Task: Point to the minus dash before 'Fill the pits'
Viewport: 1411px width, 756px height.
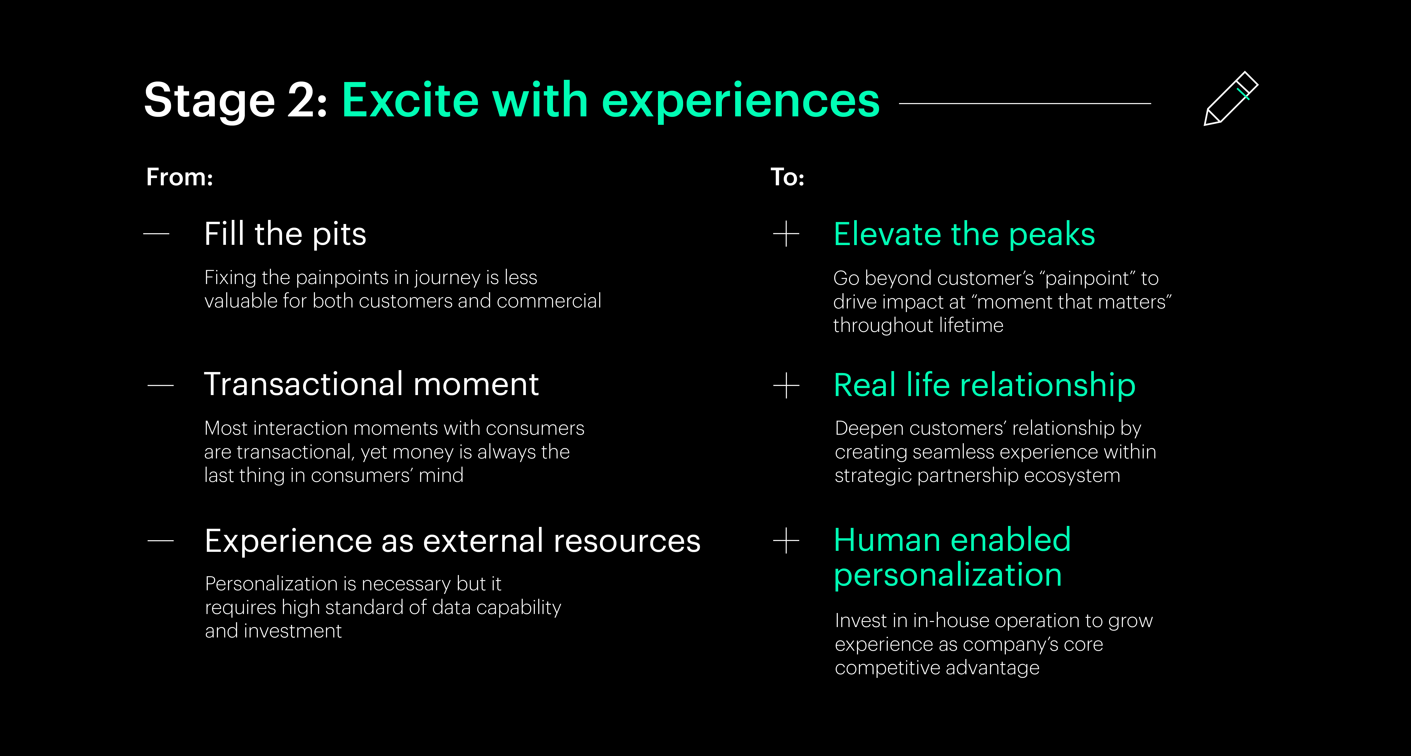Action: (156, 234)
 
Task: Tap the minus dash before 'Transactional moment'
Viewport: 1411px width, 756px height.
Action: (160, 386)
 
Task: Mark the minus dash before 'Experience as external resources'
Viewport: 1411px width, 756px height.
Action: (160, 541)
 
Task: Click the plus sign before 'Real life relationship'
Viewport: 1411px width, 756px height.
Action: (786, 386)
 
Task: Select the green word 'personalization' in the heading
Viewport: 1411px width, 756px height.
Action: (948, 575)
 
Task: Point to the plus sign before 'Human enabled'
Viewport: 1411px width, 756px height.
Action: (786, 541)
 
